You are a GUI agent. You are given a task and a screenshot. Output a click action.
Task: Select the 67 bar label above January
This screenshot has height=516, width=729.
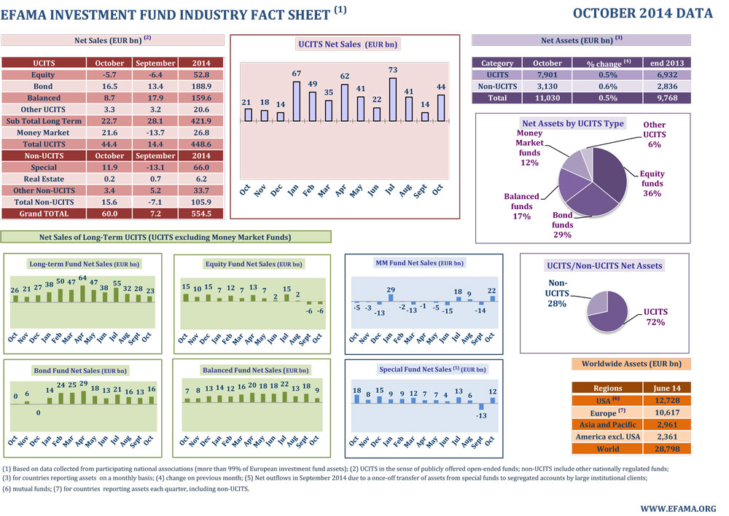297,74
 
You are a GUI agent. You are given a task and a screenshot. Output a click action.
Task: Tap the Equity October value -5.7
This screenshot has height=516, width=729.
110,75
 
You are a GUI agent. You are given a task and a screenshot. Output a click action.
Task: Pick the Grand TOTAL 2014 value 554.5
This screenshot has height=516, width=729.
196,214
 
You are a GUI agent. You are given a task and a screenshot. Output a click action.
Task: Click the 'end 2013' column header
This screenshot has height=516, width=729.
667,63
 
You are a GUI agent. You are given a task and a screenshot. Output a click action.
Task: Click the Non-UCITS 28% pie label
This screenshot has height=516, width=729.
558,293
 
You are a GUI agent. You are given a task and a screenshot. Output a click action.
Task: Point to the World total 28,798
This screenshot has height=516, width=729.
666,449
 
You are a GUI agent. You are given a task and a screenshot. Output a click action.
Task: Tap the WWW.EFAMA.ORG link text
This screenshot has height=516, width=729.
678,507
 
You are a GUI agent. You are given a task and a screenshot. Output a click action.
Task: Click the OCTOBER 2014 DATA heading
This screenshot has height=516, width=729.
642,13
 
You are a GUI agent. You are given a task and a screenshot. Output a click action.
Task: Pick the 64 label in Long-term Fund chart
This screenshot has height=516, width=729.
83,278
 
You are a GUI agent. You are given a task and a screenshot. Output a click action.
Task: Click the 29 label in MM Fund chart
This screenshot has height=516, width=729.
391,291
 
